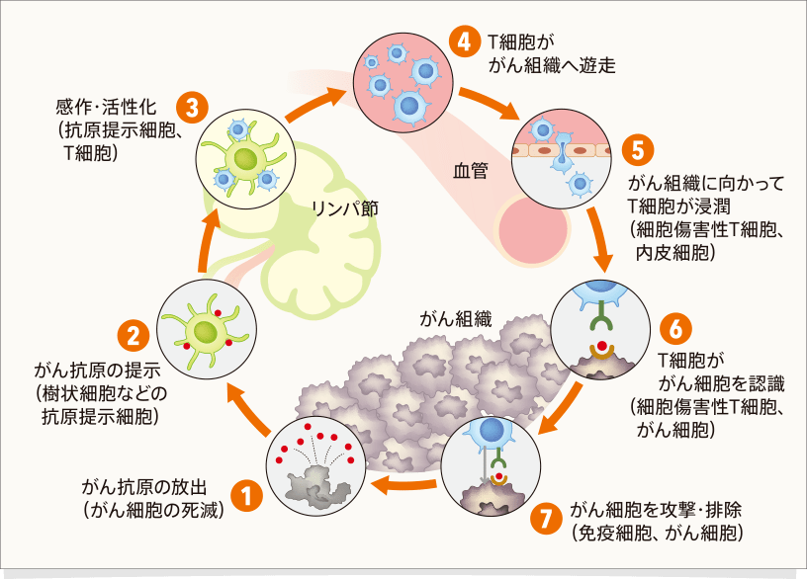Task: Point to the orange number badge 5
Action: tap(637, 150)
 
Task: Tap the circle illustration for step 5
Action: tap(559, 159)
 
